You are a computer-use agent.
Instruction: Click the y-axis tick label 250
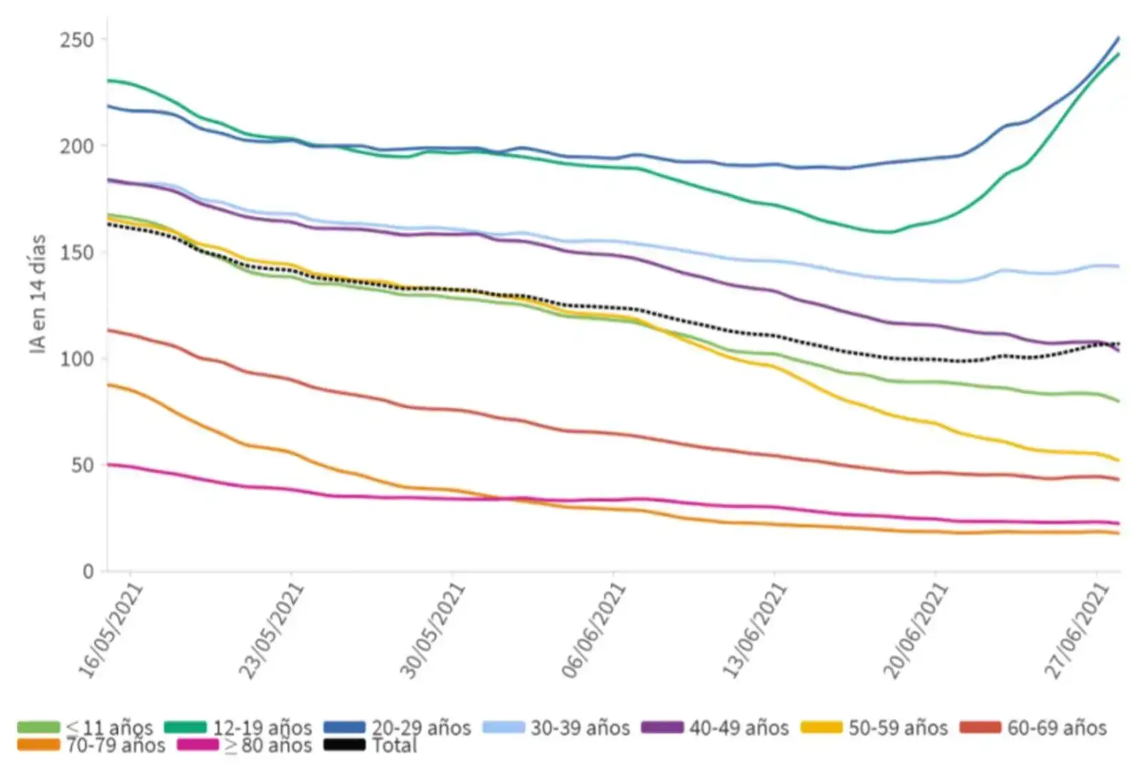[x=76, y=40]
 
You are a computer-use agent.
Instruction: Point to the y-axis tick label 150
[x=76, y=253]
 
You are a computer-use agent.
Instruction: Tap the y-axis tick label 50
[x=82, y=465]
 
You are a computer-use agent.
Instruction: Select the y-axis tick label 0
[x=88, y=572]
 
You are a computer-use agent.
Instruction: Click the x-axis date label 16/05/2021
[x=111, y=631]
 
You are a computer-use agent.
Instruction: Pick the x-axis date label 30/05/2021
[x=432, y=631]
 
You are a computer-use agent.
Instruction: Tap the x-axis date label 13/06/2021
[x=754, y=631]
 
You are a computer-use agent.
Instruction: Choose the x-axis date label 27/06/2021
[x=1077, y=631]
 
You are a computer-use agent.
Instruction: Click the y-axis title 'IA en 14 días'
[x=38, y=294]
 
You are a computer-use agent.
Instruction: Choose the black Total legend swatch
[x=344, y=746]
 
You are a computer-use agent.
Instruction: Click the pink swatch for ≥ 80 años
[x=198, y=746]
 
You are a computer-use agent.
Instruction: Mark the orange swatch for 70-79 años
[x=39, y=746]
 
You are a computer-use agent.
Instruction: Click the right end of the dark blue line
[x=1118, y=37]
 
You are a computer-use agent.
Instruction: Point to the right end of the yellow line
[x=1118, y=460]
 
